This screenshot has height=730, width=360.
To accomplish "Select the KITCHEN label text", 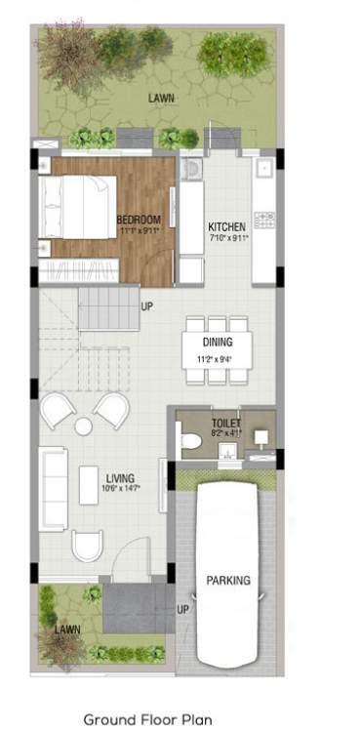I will [x=227, y=226].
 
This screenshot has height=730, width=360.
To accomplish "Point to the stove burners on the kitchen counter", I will [x=263, y=219].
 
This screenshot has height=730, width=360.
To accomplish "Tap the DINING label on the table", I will [x=217, y=343].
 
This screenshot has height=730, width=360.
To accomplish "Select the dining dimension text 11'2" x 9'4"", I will [x=217, y=358].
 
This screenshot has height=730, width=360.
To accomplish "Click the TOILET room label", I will [x=226, y=423].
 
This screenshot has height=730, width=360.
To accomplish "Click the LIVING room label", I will [x=120, y=476].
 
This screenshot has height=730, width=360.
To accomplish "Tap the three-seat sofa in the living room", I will [x=53, y=484].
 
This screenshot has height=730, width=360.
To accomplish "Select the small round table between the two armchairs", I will [x=83, y=426].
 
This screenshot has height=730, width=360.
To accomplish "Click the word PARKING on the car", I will [x=227, y=581].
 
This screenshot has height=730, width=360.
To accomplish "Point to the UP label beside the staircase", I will [x=147, y=306].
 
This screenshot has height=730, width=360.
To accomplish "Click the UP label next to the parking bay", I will [x=182, y=610].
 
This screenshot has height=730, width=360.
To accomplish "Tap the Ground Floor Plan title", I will [x=147, y=719].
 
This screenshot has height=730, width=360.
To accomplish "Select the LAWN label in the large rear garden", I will [x=161, y=99].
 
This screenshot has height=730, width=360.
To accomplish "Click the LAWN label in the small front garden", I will [x=67, y=629].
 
